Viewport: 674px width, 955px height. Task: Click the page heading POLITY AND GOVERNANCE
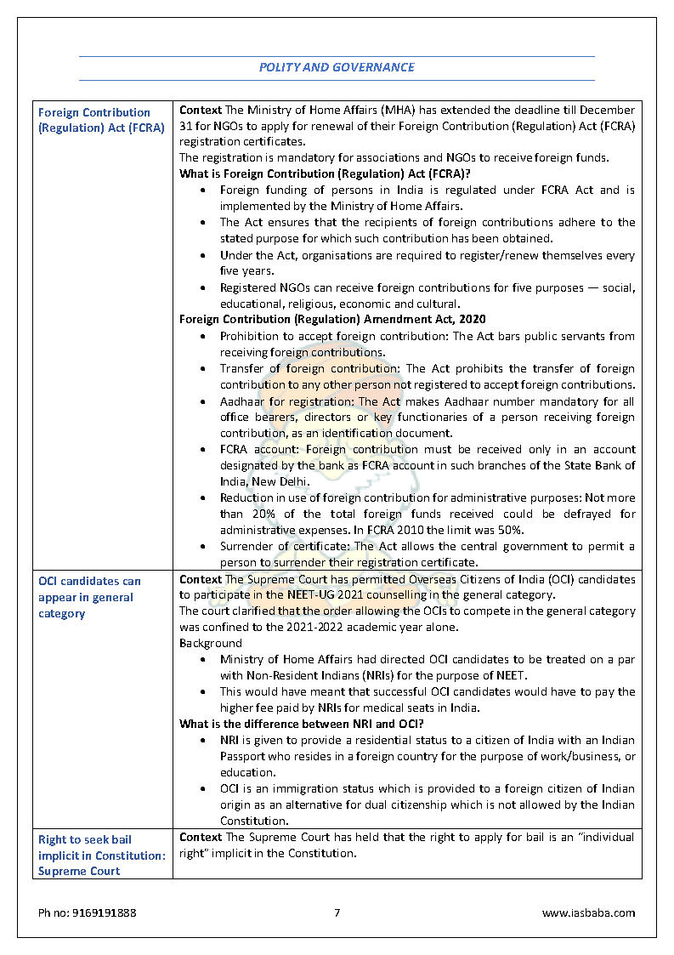pos(337,67)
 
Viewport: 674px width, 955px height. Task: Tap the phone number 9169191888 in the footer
pos(87,912)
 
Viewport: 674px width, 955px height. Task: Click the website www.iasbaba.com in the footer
pos(588,912)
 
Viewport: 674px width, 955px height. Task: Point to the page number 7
pos(337,912)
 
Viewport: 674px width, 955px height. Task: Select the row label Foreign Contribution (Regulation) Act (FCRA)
pos(101,120)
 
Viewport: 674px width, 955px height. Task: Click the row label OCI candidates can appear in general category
pos(89,597)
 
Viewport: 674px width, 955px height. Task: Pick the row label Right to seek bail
pos(101,855)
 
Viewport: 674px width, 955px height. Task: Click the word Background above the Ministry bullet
pos(210,643)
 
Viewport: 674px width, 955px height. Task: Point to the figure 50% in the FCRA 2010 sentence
pos(513,530)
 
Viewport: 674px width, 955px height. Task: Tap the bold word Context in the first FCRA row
pos(201,111)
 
